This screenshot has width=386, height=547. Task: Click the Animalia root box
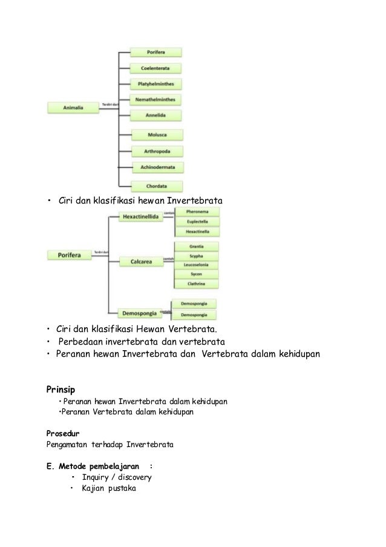[73, 108]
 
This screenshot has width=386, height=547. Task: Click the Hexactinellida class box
[140, 216]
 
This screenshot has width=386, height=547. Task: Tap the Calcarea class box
[140, 261]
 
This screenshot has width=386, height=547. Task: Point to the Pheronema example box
[196, 213]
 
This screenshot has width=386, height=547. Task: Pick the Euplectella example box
[196, 222]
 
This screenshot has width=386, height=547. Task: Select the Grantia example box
[196, 247]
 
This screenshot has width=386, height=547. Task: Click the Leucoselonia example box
[196, 265]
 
